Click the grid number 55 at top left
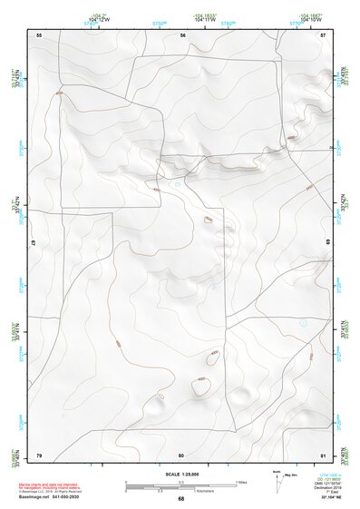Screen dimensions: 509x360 tap(39, 34)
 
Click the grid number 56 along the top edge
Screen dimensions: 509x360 tap(182, 34)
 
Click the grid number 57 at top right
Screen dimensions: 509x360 tap(324, 34)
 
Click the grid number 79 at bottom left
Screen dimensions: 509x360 tap(39, 455)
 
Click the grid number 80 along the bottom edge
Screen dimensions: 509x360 tap(181, 455)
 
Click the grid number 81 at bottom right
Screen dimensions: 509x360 tap(324, 455)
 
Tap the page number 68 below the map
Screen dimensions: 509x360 tap(180, 499)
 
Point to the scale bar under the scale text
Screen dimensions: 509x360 tap(180, 484)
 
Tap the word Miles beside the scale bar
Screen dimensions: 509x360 tap(241, 482)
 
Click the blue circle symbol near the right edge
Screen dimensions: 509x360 tap(304, 323)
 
